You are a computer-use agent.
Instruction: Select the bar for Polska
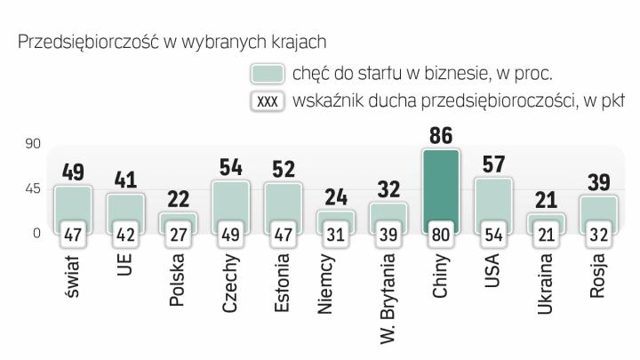178,219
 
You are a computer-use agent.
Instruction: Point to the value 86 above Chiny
441,136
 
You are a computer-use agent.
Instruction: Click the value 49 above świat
73,172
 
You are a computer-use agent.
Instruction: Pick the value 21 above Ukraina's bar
546,199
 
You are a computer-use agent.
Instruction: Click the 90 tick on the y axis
32,143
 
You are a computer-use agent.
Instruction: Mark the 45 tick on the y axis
32,188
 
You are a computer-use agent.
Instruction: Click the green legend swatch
268,73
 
